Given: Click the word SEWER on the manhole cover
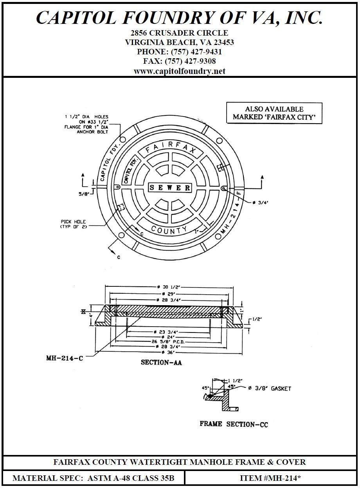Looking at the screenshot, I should (x=170, y=188).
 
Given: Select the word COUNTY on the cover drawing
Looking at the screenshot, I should (x=169, y=230).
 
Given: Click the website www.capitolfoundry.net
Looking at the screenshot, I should (x=180, y=71).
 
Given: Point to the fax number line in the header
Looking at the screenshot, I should (x=180, y=61).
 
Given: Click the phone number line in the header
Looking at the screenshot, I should (x=180, y=52).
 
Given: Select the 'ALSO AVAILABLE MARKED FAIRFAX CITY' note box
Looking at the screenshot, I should (x=274, y=113).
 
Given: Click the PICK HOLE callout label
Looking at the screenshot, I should (x=73, y=224).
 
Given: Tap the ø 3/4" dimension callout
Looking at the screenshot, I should (x=260, y=203).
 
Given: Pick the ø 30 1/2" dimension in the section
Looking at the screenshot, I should (x=169, y=287).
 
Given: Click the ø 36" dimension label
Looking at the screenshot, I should (x=168, y=352).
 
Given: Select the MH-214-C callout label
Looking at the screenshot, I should (x=64, y=358).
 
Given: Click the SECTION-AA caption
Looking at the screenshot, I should (x=161, y=363).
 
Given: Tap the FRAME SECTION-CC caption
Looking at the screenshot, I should (x=234, y=424).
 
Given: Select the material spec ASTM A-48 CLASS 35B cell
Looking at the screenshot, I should (x=93, y=478).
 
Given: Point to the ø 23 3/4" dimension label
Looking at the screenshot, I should (x=168, y=332).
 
